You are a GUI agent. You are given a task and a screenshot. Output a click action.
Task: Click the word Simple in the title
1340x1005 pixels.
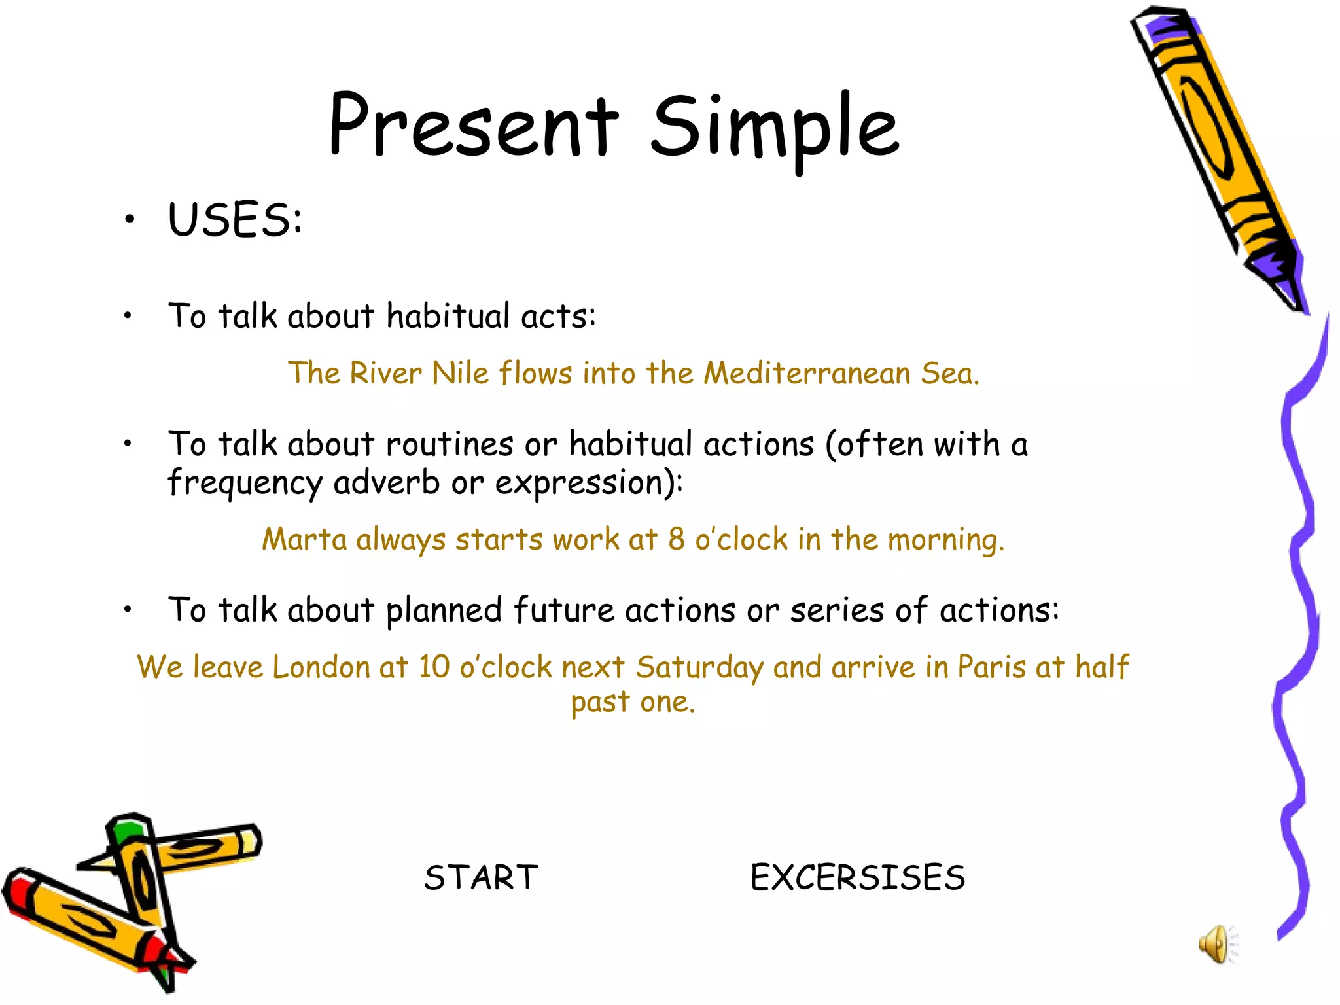click(775, 128)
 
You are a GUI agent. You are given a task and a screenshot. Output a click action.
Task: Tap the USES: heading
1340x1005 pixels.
click(235, 220)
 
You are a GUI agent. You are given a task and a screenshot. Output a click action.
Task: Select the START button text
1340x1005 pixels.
click(481, 877)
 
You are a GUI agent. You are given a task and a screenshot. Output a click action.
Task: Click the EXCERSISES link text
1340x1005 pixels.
click(857, 877)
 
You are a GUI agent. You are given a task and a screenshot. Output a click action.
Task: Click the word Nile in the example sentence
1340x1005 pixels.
click(460, 374)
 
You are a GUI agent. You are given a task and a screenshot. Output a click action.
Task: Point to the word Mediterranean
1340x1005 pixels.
click(807, 374)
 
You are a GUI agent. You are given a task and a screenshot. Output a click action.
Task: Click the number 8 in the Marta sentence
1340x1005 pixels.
click(676, 540)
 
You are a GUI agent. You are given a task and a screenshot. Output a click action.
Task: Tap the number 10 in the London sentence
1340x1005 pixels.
click(434, 667)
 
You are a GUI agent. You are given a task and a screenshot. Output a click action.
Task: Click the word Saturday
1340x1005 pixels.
click(699, 667)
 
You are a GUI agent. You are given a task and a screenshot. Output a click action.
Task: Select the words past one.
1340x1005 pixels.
click(632, 703)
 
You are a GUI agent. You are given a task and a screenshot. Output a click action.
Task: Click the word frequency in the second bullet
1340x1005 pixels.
click(245, 484)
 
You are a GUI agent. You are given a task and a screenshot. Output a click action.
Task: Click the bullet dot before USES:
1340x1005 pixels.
click(130, 220)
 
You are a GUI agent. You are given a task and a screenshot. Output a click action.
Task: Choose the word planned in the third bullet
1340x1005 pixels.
click(444, 611)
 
